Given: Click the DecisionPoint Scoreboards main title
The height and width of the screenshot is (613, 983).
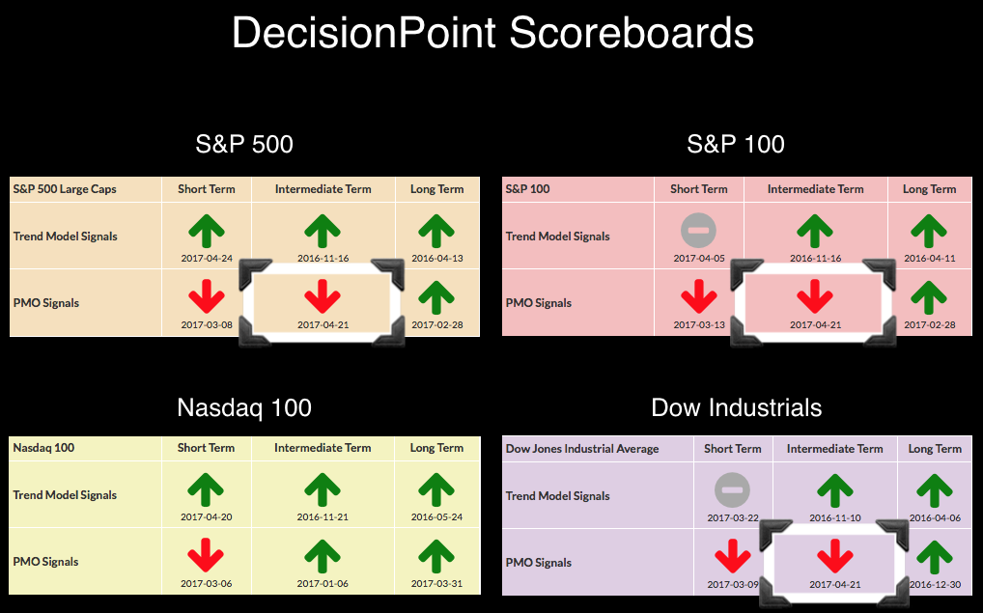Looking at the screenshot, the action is click(492, 33).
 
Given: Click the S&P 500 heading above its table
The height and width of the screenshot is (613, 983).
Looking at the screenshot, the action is click(244, 144).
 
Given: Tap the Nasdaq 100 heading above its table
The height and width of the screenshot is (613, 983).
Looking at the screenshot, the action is click(244, 408).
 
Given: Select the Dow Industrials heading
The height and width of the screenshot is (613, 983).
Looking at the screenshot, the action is click(737, 408).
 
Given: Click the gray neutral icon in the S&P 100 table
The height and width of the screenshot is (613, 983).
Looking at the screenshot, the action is click(698, 230).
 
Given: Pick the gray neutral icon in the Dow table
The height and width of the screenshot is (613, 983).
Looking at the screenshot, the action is click(732, 490).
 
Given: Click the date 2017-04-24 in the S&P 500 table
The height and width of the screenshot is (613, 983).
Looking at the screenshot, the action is click(207, 259).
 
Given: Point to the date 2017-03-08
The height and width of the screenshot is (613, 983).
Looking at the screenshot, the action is click(207, 324).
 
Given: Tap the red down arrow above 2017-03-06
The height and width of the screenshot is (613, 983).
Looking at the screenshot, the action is click(206, 555).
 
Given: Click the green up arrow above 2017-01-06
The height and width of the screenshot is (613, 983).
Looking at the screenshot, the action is click(323, 555).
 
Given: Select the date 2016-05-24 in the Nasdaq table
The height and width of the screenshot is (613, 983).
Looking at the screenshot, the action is click(437, 517).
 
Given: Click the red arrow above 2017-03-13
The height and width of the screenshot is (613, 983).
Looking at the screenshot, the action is click(698, 296).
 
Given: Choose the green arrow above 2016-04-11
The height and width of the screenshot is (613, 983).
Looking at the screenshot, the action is click(929, 231).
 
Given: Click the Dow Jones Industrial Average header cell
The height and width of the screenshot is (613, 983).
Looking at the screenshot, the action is click(582, 449).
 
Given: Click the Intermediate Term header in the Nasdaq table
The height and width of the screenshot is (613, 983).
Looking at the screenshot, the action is click(323, 448).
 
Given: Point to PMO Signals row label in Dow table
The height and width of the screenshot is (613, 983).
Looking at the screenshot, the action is click(539, 563).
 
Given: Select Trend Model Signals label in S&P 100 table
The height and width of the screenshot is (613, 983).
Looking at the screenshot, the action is click(557, 237).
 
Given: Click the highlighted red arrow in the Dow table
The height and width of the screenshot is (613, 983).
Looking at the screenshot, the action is click(835, 556).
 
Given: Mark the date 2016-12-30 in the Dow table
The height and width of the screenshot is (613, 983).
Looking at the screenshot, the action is click(935, 585).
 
